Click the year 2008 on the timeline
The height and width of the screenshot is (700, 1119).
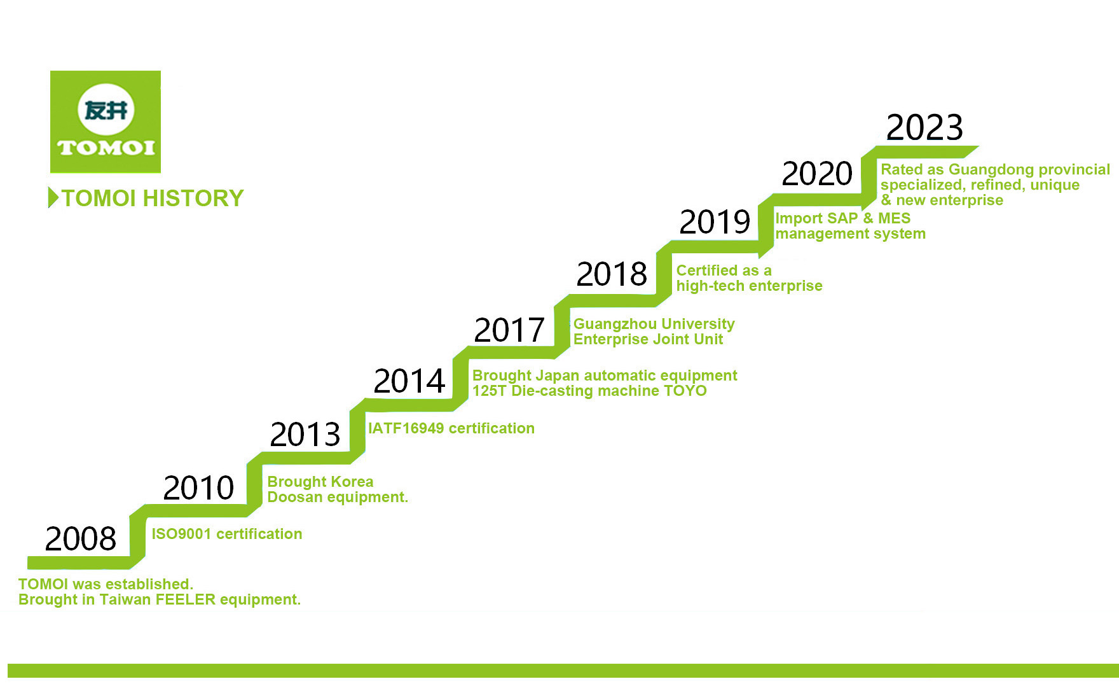click(x=81, y=538)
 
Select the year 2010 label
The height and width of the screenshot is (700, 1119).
click(x=199, y=487)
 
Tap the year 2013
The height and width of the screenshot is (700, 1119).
click(x=305, y=434)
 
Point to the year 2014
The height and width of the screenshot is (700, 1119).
click(x=409, y=381)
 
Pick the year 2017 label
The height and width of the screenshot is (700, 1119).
click(x=509, y=330)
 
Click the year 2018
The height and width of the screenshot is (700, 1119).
click(x=612, y=274)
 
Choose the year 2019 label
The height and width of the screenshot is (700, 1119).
click(x=715, y=221)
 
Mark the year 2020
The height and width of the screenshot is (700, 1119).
click(x=817, y=173)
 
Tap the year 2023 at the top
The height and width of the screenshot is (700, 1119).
click(x=924, y=127)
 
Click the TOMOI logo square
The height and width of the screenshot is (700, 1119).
click(x=106, y=122)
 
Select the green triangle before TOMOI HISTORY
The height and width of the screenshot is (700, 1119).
click(x=53, y=198)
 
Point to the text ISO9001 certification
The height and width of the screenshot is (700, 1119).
click(x=227, y=534)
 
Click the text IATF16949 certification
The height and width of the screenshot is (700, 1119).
click(x=451, y=428)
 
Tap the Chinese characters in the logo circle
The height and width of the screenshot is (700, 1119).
click(x=106, y=111)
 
